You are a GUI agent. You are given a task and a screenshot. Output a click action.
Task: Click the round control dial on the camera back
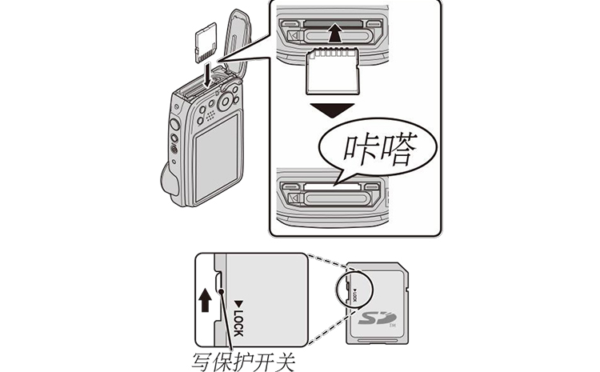226,101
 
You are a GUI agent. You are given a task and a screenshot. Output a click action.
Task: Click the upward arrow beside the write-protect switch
206,300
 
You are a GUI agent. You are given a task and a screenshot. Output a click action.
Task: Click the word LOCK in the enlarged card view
238,320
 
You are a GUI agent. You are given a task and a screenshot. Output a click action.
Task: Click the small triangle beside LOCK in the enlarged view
238,302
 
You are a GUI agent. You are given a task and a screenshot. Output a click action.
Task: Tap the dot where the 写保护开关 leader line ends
220,316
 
